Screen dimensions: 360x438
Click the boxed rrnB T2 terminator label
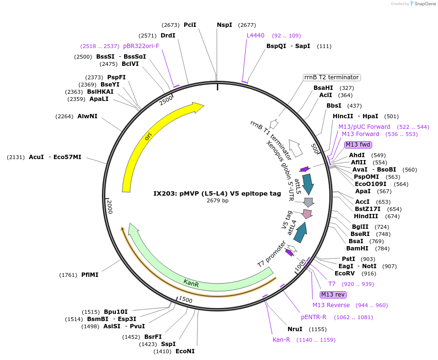[332, 77]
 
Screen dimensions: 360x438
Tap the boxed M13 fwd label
[358, 145]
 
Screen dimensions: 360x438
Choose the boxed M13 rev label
[333, 295]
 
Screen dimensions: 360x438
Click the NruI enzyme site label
[295, 329]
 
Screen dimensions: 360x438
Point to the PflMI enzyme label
[90, 275]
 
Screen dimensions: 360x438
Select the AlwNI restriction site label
[88, 116]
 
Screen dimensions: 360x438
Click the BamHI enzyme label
[357, 248]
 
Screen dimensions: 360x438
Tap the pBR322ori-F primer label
[141, 46]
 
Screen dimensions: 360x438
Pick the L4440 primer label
[255, 35]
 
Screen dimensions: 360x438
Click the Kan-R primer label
[281, 340]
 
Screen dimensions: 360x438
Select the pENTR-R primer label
[313, 317]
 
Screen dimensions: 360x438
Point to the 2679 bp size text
[217, 200]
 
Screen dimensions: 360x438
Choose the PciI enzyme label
[190, 25]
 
